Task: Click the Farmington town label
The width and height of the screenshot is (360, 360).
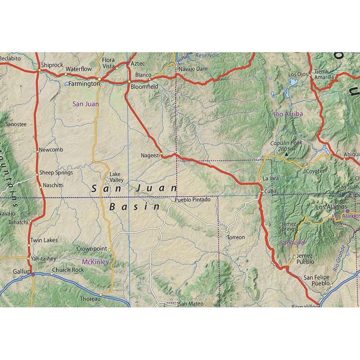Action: coord(84,84)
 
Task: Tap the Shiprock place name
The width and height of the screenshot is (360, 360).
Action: coord(52,65)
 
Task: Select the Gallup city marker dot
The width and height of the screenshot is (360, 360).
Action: coord(32,274)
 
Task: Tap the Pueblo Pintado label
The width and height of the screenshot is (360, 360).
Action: coord(193,199)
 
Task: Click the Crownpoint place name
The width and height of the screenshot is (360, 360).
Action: coord(91,248)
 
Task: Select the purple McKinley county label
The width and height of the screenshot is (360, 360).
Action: coord(95,261)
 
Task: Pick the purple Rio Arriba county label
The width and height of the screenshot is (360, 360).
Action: coord(288,114)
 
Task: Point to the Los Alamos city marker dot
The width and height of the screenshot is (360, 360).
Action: coord(347,211)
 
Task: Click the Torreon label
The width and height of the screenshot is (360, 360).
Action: coord(236,237)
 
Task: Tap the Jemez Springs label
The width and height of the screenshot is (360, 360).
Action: coord(288,226)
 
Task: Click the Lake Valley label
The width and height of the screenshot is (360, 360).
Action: coord(116,177)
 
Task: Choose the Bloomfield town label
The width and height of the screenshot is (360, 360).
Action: coord(144,86)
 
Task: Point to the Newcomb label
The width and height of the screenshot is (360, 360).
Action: coord(51,150)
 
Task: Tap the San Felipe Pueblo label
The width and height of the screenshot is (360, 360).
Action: coord(316,281)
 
